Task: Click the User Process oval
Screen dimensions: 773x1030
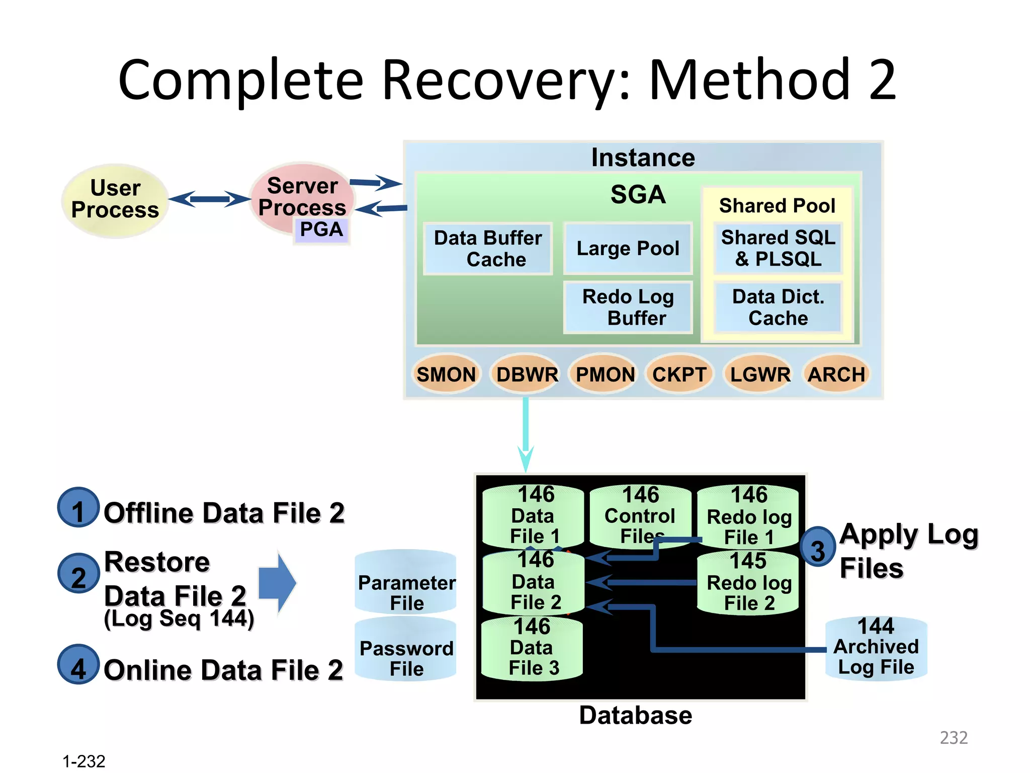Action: [115, 200]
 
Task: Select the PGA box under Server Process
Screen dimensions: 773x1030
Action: [321, 230]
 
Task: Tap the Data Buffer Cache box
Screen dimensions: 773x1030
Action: [488, 249]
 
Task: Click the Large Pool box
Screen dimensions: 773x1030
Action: [628, 248]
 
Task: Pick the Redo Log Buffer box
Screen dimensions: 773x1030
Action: [628, 307]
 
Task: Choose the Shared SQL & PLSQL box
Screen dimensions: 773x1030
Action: [778, 248]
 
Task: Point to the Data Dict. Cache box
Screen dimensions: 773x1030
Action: [778, 307]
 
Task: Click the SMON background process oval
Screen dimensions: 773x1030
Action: [446, 374]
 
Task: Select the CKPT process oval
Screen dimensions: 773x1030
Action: [679, 374]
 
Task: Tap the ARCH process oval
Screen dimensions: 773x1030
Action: [836, 374]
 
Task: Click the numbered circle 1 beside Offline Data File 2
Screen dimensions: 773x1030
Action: [78, 508]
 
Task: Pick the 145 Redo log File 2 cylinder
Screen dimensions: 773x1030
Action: [748, 582]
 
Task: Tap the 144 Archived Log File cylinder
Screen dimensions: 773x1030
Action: [876, 648]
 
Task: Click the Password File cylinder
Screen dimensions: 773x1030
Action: [406, 649]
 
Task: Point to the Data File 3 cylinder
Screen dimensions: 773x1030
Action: [532, 648]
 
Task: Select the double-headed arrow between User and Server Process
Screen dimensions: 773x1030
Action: [209, 199]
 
